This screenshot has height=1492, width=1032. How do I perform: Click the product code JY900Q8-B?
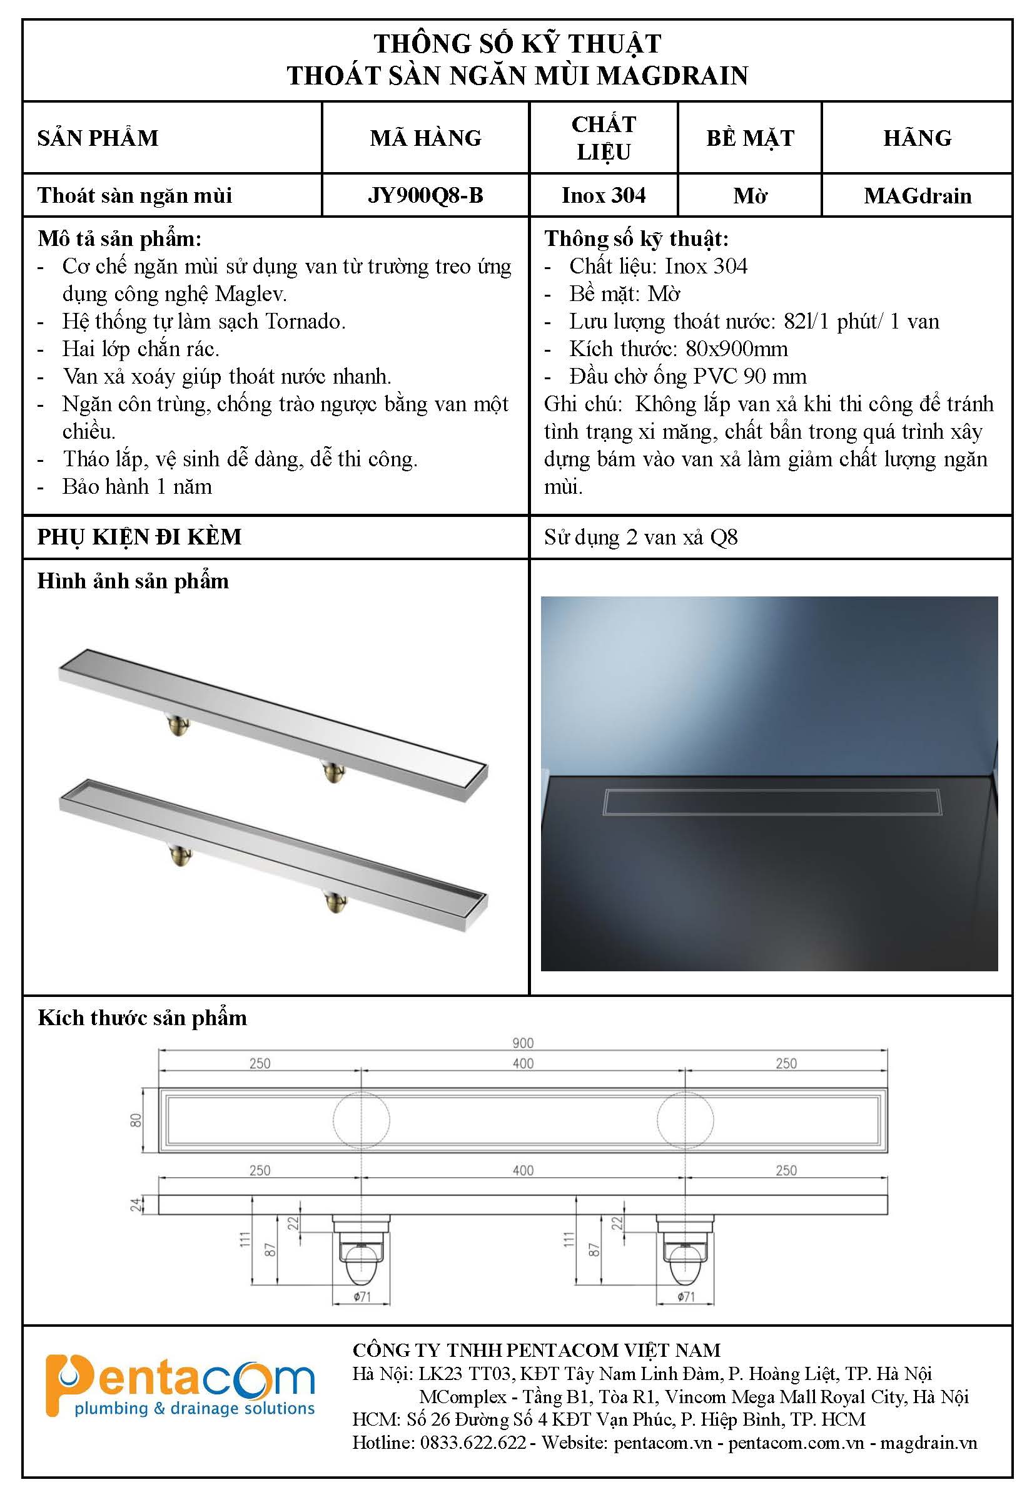425,195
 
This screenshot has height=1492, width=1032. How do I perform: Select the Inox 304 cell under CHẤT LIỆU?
604,195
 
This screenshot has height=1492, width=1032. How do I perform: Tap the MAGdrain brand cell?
917,195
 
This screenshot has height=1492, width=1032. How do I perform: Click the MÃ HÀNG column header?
425,138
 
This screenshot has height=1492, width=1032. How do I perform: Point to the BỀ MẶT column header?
750,138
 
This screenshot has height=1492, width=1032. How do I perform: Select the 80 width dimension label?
136,1120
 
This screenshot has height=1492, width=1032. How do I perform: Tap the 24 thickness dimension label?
136,1205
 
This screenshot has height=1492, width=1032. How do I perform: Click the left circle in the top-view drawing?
362,1120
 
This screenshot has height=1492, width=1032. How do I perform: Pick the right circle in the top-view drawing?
685,1120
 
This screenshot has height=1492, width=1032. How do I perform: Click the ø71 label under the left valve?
362,1297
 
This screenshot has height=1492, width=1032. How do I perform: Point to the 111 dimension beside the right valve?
569,1239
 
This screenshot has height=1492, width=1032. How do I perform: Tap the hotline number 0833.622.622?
473,1442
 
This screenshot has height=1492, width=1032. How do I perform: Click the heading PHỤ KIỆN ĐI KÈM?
139,537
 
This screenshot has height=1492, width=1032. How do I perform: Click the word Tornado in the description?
305,322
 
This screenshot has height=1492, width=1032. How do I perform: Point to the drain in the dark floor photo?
772,802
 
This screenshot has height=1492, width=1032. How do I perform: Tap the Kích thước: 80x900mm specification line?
677,349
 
